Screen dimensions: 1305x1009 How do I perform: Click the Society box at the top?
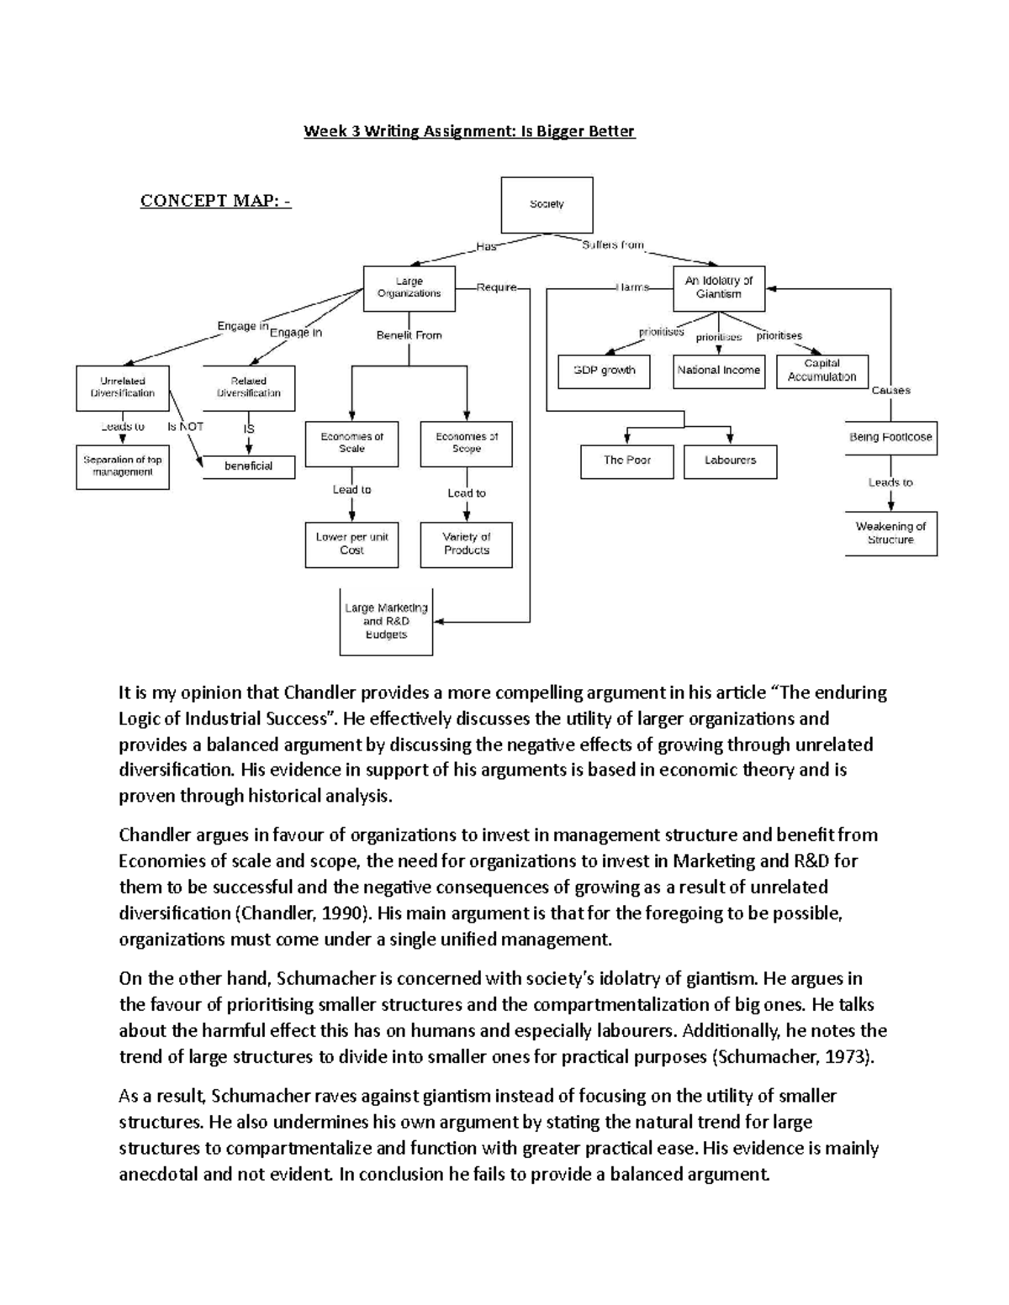547,204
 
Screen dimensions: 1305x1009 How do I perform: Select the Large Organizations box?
409,288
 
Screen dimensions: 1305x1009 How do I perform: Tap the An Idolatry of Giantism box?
719,288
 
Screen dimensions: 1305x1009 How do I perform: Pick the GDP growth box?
604,371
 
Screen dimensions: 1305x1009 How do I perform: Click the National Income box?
719,371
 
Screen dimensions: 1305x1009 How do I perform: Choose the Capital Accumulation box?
821,371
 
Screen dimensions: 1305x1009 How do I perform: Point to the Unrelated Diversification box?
123,387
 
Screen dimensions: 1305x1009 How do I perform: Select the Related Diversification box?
249,387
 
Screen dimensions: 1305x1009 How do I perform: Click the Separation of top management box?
123,466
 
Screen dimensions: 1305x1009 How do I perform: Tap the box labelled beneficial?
249,466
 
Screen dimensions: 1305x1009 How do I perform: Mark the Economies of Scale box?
351,443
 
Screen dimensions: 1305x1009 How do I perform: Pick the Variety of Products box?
466,544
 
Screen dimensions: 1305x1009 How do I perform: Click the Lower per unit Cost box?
351,544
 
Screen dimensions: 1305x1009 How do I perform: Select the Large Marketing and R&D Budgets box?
386,622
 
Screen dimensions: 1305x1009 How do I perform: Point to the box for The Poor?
627,460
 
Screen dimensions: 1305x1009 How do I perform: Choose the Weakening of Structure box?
890,534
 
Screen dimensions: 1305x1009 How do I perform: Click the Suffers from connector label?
613,245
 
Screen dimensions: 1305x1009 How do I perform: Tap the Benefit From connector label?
409,335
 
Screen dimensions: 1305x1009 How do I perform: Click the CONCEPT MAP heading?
215,201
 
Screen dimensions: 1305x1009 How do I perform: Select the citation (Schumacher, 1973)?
793,1057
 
